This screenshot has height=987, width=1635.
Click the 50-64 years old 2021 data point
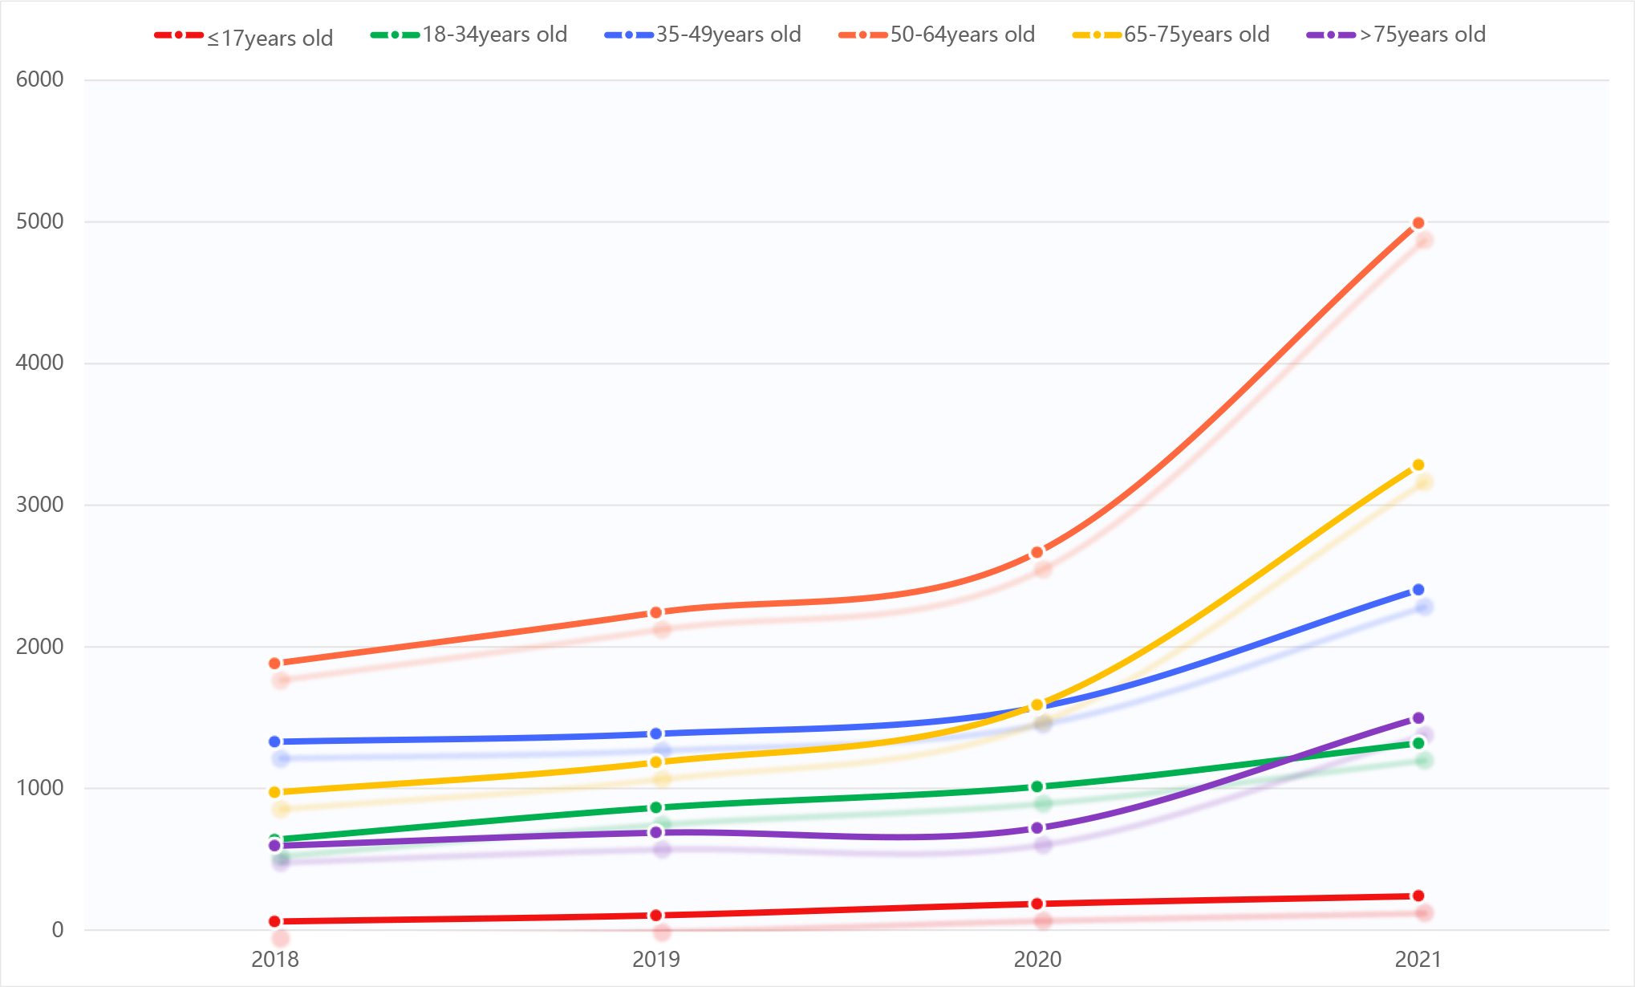point(1418,223)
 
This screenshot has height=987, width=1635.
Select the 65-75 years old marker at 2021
point(1418,465)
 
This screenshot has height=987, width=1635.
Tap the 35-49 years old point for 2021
point(1418,590)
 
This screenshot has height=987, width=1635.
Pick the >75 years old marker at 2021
point(1418,718)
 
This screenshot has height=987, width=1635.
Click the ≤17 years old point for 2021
point(1418,896)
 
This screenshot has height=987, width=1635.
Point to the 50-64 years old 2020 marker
point(1037,552)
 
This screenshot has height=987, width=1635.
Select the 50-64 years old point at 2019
point(656,612)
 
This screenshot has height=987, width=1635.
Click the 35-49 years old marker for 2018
point(274,741)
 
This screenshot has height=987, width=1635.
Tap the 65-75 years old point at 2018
point(274,792)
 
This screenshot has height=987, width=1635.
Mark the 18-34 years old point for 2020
point(1037,787)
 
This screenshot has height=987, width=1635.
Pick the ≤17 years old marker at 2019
point(656,916)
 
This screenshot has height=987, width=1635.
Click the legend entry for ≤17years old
point(245,37)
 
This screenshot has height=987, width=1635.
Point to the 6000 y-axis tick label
point(40,79)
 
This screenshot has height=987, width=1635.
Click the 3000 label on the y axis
point(40,505)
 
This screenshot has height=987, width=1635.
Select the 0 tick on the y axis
point(58,930)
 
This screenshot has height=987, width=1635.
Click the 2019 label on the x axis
point(656,960)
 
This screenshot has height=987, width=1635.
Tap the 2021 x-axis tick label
point(1418,960)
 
